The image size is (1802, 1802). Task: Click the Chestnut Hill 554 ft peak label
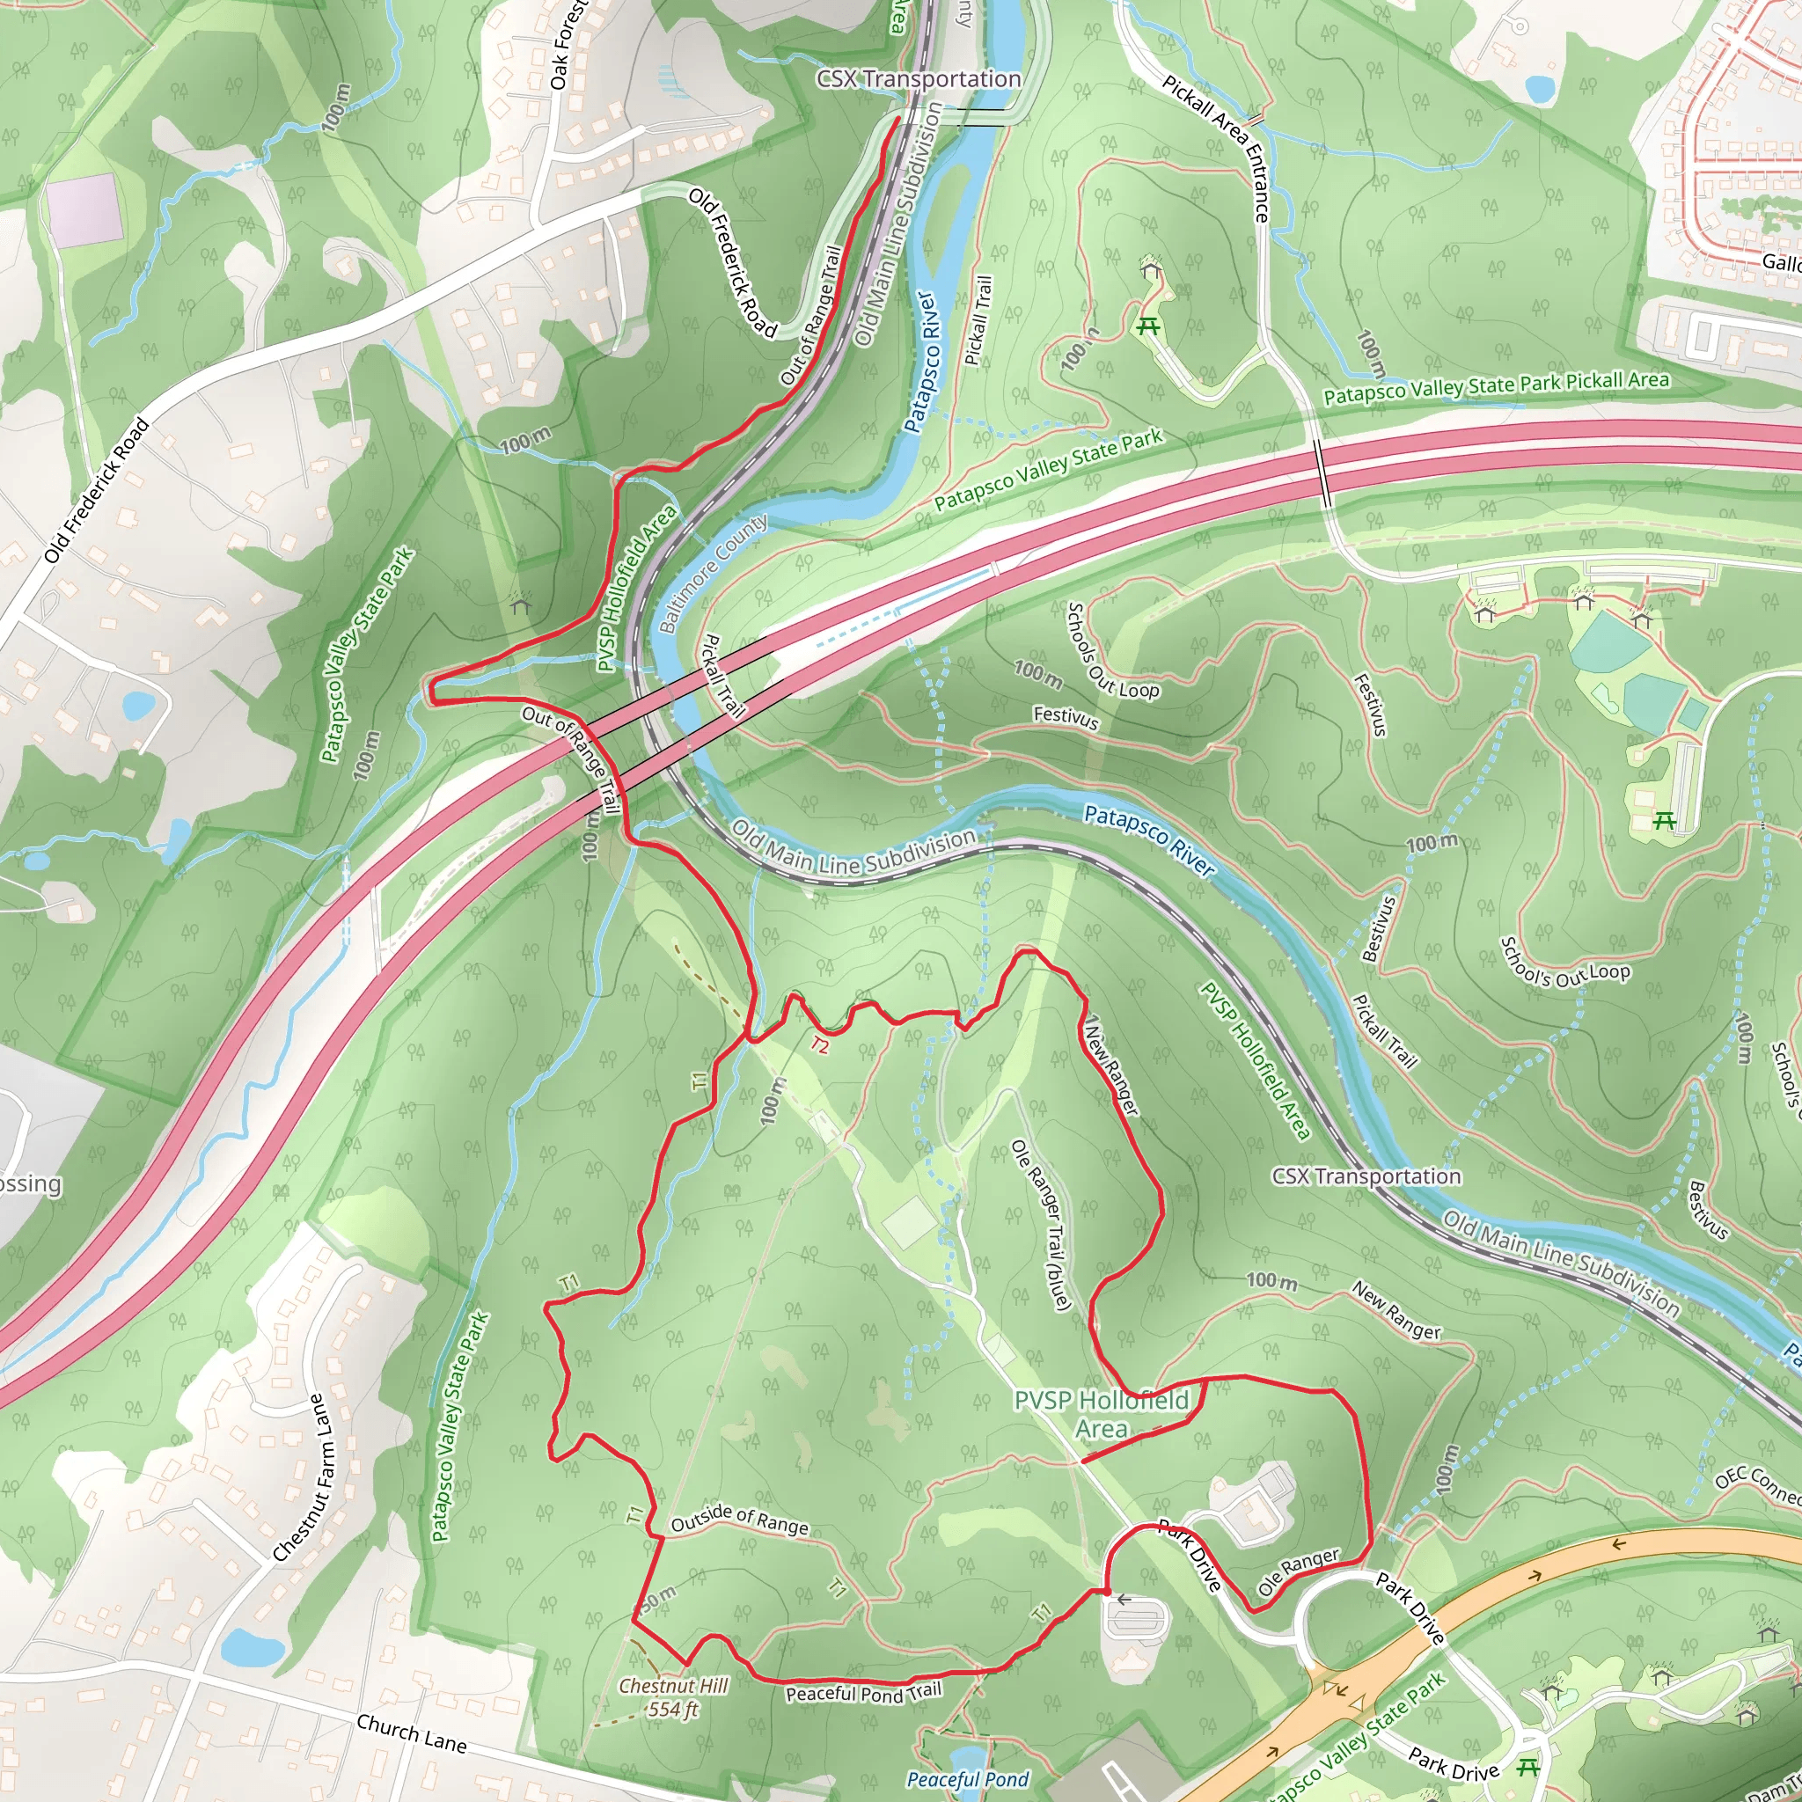click(672, 1696)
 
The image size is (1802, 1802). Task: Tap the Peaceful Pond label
click(967, 1778)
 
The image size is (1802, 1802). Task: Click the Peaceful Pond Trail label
click(863, 1692)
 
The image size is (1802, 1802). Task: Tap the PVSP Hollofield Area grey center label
click(1102, 1414)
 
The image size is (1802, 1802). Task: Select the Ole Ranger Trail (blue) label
click(1042, 1225)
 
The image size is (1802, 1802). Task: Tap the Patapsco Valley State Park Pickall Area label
click(1495, 387)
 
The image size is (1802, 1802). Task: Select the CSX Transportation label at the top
click(918, 79)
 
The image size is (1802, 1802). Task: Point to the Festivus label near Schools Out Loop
click(1066, 717)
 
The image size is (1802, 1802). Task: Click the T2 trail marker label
click(819, 1044)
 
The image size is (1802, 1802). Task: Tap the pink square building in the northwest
click(84, 207)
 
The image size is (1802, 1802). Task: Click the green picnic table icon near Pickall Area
click(1147, 326)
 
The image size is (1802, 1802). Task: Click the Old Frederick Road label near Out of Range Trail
click(732, 262)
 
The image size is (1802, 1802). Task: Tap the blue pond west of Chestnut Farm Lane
click(251, 1647)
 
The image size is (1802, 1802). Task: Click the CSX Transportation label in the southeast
click(1366, 1176)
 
